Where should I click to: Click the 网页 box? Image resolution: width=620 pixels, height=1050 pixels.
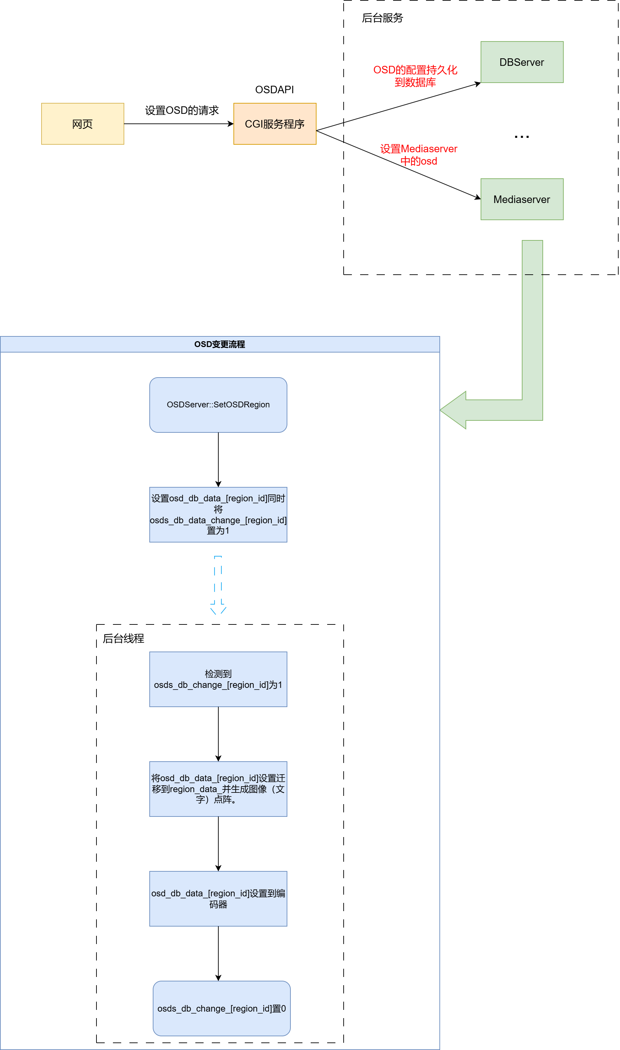tap(83, 124)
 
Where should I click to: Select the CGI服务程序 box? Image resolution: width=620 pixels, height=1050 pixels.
tap(275, 124)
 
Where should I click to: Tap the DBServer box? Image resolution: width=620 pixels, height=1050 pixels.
tap(522, 62)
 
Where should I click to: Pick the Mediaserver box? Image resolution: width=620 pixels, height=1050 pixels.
tap(522, 200)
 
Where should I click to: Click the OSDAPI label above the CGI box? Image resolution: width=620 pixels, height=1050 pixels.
tap(275, 90)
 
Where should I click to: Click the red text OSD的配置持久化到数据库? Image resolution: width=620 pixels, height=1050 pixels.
tap(415, 76)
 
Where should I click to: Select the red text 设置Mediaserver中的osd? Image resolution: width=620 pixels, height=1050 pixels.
tap(418, 155)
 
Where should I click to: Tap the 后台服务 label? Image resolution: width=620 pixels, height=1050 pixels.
tap(382, 18)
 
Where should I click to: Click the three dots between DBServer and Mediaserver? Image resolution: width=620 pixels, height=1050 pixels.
tap(522, 136)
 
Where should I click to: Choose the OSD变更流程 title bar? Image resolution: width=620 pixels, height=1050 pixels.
tap(220, 344)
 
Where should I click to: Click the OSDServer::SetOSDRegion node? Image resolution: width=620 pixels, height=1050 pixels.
tap(218, 405)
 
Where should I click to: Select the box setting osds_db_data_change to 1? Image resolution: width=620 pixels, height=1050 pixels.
tap(218, 515)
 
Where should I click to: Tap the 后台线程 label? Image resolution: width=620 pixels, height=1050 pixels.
tap(123, 639)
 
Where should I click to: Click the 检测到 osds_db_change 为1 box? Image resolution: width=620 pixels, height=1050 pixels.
tap(218, 679)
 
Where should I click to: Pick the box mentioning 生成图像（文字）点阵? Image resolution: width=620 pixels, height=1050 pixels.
tap(218, 789)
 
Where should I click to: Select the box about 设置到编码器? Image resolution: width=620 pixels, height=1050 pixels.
tap(218, 899)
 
